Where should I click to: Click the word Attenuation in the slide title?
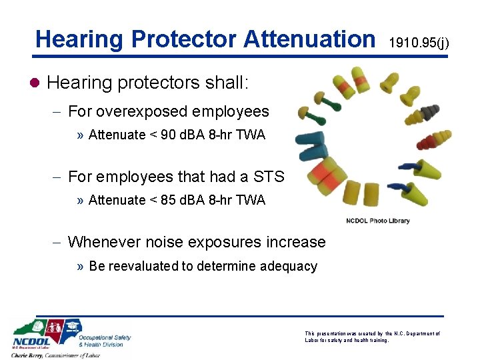[309, 39]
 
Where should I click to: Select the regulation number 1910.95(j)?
[419, 43]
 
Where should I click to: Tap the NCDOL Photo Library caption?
[378, 221]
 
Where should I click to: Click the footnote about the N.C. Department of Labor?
[372, 337]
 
